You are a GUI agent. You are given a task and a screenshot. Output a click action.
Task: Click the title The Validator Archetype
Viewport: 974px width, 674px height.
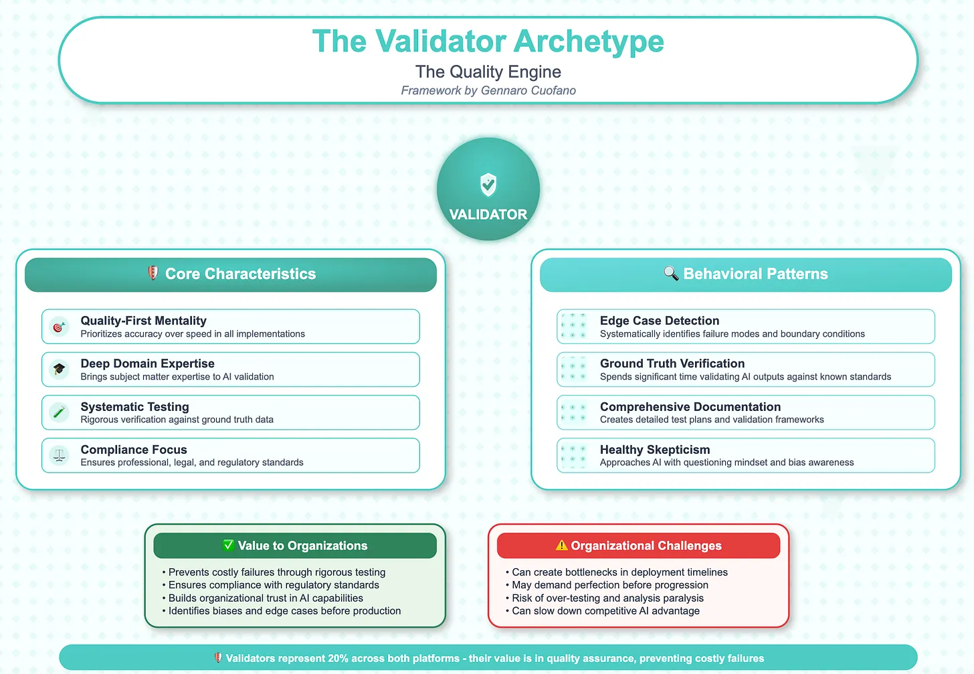pyautogui.click(x=488, y=41)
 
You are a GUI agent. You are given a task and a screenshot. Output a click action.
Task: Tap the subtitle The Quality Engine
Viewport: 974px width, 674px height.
pyautogui.click(x=488, y=72)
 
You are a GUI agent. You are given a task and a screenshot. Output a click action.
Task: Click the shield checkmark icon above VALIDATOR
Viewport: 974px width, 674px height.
pyautogui.click(x=488, y=184)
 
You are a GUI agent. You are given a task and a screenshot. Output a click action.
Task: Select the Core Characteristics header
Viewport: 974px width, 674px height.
pyautogui.click(x=240, y=274)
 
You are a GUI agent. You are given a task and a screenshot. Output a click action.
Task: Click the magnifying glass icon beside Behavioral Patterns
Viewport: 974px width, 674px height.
pyautogui.click(x=670, y=273)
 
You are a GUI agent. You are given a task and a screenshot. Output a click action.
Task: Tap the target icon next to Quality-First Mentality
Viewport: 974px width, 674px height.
pyautogui.click(x=60, y=327)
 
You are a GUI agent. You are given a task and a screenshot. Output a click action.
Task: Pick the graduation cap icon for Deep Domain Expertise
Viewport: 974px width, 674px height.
pyautogui.click(x=60, y=369)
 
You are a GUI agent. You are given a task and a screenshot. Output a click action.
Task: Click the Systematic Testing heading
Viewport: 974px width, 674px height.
pyautogui.click(x=134, y=407)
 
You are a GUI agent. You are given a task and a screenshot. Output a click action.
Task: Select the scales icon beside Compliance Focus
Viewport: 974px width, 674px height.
pyautogui.click(x=60, y=456)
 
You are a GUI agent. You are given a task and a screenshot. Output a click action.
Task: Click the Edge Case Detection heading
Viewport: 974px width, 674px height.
pyautogui.click(x=659, y=321)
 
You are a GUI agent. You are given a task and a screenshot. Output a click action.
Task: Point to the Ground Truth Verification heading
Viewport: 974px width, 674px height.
pyautogui.click(x=672, y=363)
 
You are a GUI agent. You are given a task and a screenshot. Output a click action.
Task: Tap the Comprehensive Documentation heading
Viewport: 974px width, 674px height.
pyautogui.click(x=690, y=407)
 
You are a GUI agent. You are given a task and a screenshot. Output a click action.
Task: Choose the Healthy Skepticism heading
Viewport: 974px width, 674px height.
pyautogui.click(x=654, y=450)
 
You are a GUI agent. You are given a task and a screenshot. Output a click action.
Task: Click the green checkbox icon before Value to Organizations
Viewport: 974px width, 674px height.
pyautogui.click(x=228, y=545)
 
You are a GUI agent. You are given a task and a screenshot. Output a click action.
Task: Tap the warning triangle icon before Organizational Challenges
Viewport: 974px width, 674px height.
pyautogui.click(x=561, y=545)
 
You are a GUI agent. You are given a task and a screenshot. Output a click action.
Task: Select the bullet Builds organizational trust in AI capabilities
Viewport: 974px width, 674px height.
pyautogui.click(x=266, y=598)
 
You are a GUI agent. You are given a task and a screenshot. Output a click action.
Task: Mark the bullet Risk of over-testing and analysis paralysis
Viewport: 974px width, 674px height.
pyautogui.click(x=607, y=598)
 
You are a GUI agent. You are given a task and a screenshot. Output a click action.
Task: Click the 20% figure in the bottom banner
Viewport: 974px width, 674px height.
pyautogui.click(x=337, y=658)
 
